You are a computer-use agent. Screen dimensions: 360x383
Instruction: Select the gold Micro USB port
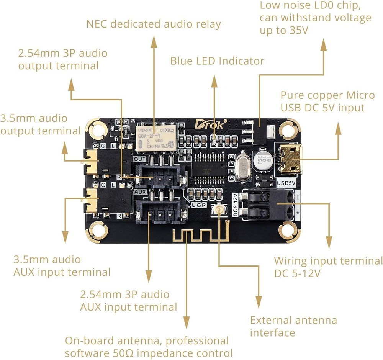[x=290, y=157]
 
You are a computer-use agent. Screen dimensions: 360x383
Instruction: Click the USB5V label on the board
[x=286, y=183]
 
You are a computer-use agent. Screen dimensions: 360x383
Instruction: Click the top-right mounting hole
[x=288, y=128]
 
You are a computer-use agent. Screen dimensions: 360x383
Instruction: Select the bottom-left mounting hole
[x=95, y=232]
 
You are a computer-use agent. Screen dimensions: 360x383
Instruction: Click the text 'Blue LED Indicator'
[x=217, y=61]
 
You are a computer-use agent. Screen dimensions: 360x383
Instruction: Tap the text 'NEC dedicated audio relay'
[x=154, y=24]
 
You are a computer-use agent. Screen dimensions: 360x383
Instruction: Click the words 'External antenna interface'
[x=293, y=326]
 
